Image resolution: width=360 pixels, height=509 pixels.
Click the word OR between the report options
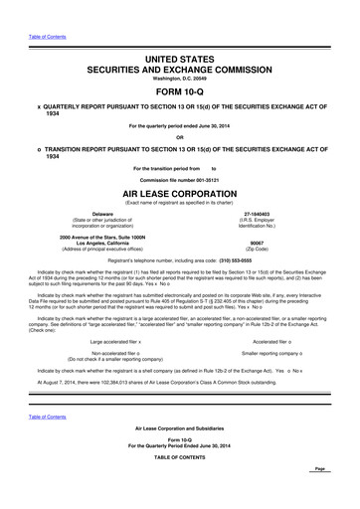coord(179,137)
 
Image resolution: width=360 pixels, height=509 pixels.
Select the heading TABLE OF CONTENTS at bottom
coord(179,468)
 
